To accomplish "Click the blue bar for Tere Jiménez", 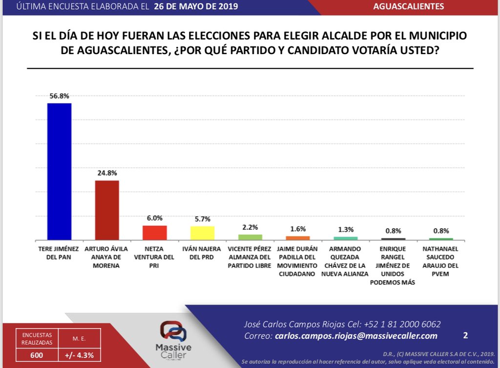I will click(59, 171).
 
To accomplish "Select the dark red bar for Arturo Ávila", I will click(107, 210).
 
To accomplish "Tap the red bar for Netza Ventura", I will click(155, 232).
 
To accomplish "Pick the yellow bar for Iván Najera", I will click(202, 233).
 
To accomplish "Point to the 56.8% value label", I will click(59, 96).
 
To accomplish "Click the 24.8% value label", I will click(107, 173).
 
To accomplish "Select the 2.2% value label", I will click(250, 227).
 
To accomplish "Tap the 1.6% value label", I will click(298, 228).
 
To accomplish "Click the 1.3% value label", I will click(346, 229).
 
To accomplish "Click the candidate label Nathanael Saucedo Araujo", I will click(441, 261).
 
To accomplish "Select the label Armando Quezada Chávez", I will click(346, 261).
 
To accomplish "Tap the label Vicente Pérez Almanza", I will click(250, 257).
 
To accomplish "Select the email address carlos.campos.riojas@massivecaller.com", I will click(356, 336).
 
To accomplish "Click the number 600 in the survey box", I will click(37, 355).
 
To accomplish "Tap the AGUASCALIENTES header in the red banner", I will click(408, 6).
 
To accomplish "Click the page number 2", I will click(465, 335).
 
